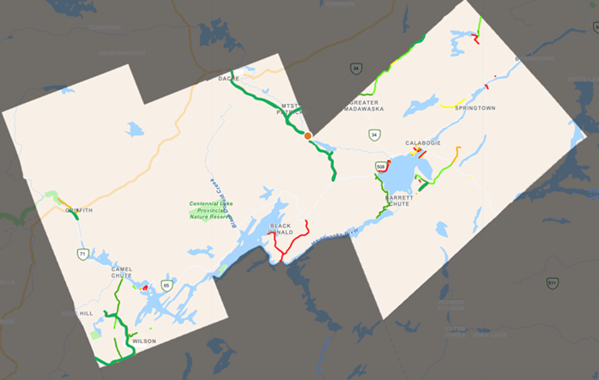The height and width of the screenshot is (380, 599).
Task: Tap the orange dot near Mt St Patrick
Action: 307,136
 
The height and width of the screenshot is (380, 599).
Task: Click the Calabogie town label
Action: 423,143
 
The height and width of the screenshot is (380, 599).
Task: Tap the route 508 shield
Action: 379,166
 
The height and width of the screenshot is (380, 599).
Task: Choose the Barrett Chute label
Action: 400,200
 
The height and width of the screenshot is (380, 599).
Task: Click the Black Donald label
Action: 281,229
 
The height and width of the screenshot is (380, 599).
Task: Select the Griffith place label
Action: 78,210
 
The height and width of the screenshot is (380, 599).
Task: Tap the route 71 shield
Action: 82,254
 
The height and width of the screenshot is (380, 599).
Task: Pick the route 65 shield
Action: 166,285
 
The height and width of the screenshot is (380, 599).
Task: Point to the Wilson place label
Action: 144,341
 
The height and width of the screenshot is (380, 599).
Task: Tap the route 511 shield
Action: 553,282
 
